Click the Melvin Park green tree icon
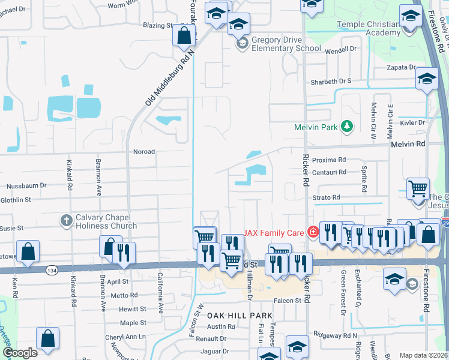click(x=346, y=127)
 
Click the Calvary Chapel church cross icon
click(x=67, y=221)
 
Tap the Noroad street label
click(x=143, y=152)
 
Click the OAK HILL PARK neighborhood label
click(x=240, y=315)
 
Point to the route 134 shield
click(x=50, y=271)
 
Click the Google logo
click(x=20, y=353)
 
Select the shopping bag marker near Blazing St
click(x=184, y=35)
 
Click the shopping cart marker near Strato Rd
click(x=418, y=188)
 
